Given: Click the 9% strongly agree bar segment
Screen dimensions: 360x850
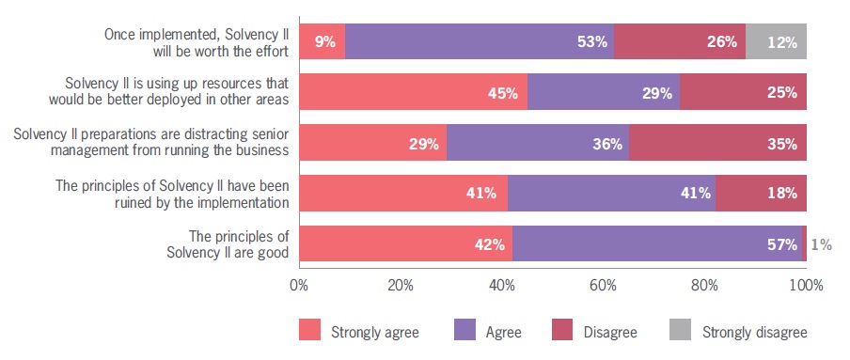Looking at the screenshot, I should (323, 42).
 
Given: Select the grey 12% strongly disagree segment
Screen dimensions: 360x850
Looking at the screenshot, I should (776, 42).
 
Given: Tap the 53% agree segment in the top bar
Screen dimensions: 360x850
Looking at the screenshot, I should (480, 42).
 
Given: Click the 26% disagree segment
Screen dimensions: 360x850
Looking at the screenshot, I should (680, 42).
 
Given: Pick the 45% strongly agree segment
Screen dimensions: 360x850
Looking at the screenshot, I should (413, 93).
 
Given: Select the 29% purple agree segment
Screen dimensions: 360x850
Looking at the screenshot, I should (604, 93).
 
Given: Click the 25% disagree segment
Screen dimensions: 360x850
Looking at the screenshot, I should (743, 93).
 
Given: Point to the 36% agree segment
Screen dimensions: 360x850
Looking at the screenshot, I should (537, 144).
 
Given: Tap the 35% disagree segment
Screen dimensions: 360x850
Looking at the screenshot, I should (717, 144).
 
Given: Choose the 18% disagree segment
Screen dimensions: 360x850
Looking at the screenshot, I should (761, 194).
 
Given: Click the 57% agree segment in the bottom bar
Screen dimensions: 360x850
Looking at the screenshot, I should (656, 243).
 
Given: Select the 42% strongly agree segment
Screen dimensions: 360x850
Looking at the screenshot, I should (405, 243).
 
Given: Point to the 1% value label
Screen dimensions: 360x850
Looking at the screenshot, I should (820, 244).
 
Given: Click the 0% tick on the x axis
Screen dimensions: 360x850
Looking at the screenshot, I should (299, 284).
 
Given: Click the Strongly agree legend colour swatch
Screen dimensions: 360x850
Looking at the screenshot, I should (309, 331).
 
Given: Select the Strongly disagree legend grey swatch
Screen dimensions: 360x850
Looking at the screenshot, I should (680, 331).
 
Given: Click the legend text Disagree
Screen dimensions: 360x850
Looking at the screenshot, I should (611, 332).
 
